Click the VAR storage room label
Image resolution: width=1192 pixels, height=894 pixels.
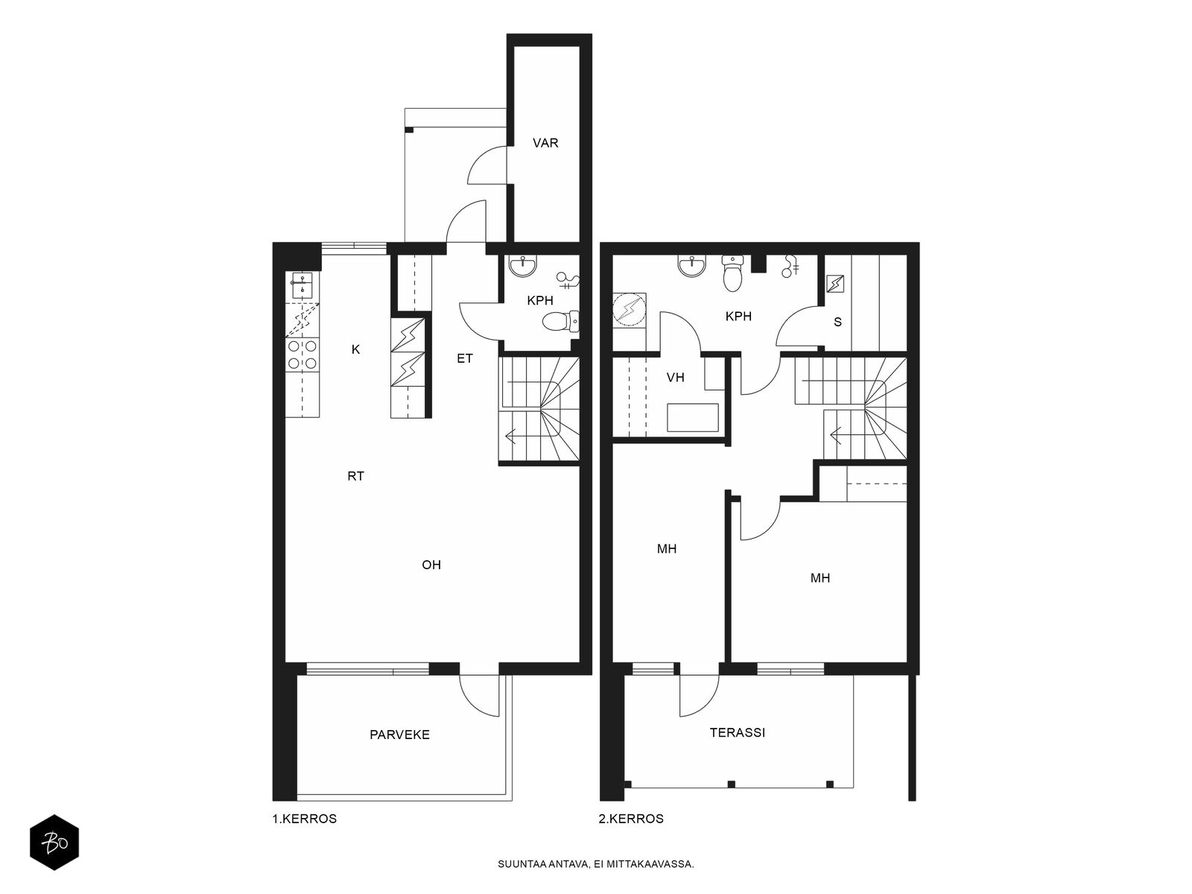point(545,143)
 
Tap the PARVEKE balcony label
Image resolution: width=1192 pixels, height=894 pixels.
point(399,735)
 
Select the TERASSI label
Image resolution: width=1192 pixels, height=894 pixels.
point(738,732)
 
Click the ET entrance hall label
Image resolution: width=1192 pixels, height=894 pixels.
point(465,358)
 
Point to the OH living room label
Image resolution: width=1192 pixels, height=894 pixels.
point(431,565)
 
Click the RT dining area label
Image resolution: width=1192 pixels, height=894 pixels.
point(355,476)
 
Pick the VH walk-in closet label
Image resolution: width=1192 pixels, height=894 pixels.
point(676,377)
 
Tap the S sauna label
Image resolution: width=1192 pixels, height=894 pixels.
point(838,322)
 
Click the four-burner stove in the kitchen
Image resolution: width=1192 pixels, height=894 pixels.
point(302,355)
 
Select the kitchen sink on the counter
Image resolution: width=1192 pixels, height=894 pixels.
point(302,286)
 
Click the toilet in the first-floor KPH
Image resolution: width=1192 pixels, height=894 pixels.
point(561,321)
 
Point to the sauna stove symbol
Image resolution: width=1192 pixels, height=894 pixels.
point(835,283)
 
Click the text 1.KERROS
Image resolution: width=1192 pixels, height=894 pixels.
point(304,819)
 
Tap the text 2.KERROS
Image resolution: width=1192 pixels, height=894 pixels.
point(631,819)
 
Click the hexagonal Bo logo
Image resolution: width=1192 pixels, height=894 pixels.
point(54,843)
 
